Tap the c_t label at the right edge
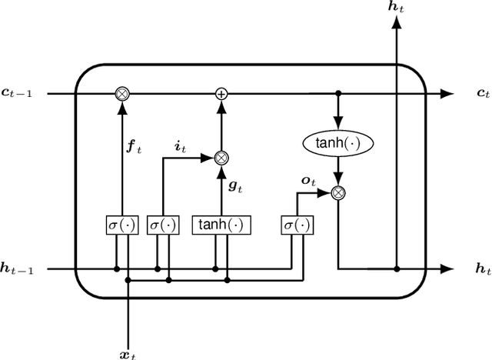483,94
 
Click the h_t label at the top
397,7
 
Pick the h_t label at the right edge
483,268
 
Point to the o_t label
309,181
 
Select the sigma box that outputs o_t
295,225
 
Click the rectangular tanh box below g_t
222,225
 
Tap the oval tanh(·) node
337,142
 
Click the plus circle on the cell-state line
221,94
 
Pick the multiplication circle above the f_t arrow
121,94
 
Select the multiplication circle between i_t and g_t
221,158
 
